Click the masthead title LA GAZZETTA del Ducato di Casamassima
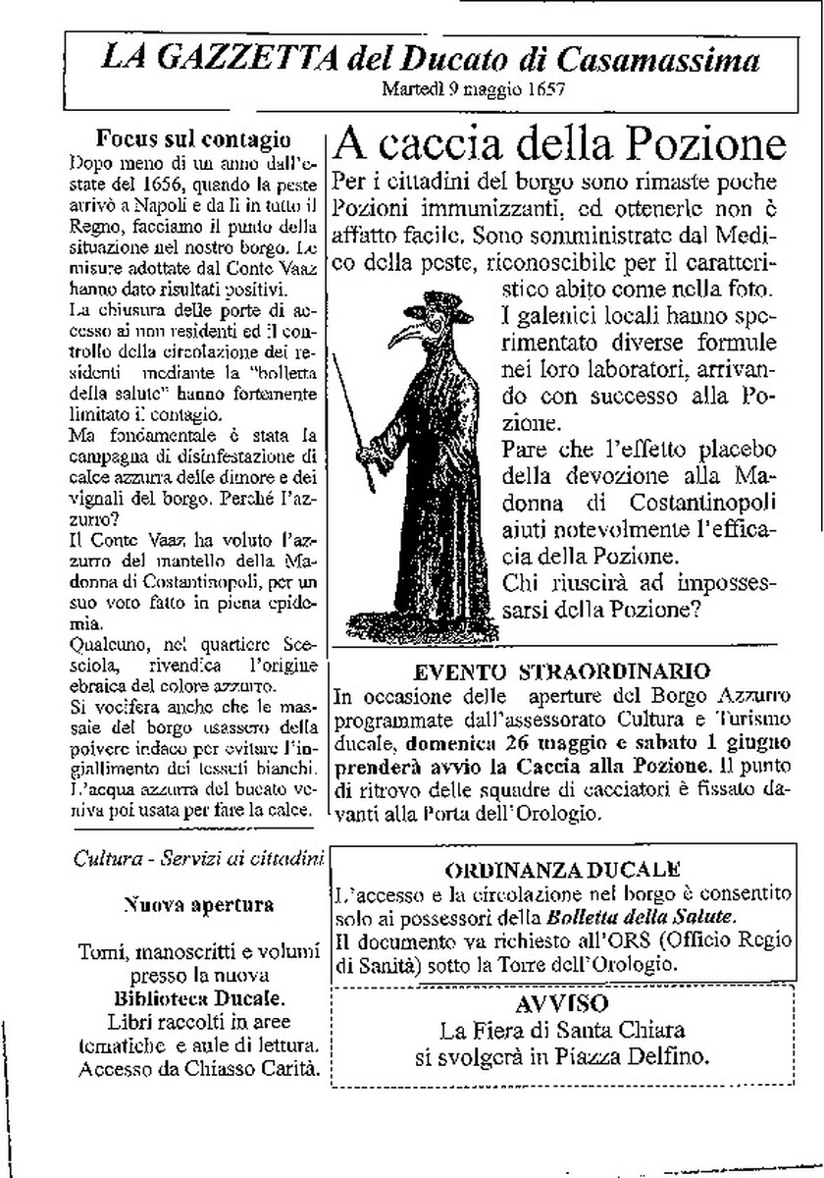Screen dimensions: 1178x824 [431, 61]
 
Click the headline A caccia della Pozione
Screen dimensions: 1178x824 [560, 145]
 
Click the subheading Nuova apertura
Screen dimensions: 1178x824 [199, 903]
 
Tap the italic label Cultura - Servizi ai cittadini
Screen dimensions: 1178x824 [199, 857]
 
